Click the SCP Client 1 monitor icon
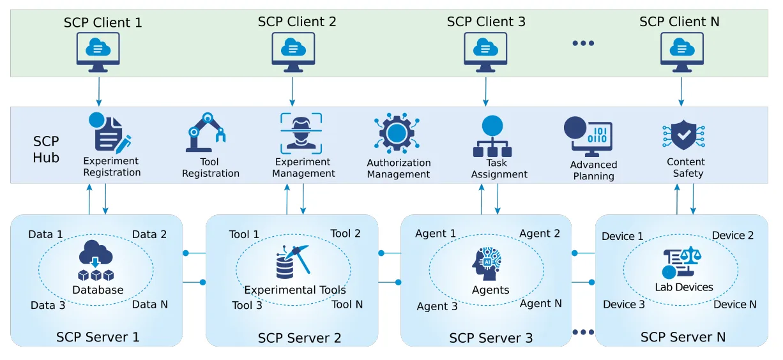(98, 49)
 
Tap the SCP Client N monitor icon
(681, 49)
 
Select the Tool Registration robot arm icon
(206, 133)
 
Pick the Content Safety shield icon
(683, 134)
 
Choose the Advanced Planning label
(593, 170)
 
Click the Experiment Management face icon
(301, 133)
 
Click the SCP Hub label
(46, 149)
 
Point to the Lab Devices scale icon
(681, 261)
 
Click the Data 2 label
(149, 234)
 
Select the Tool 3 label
(247, 305)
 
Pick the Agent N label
(540, 303)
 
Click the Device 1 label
(623, 236)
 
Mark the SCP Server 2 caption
(300, 337)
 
